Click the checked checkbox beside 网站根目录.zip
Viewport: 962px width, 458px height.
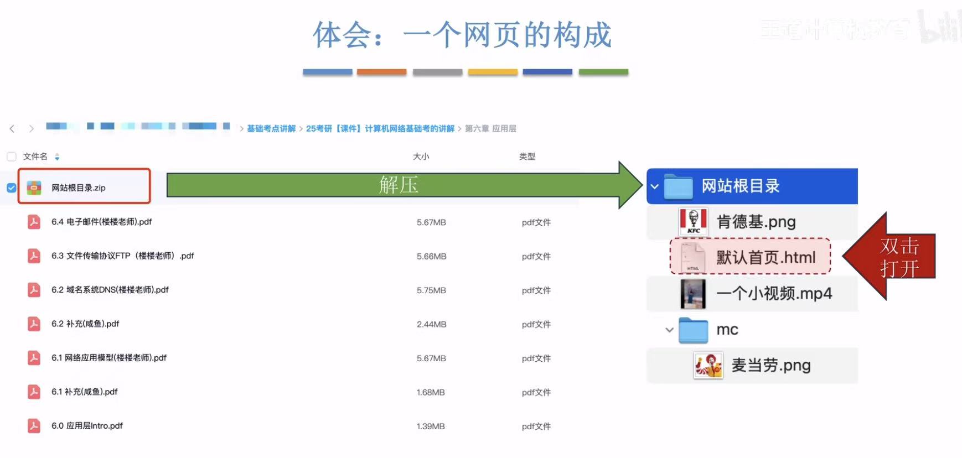[x=11, y=188]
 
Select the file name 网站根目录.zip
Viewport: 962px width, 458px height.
[x=78, y=188]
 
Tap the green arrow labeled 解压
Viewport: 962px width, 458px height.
[x=399, y=185]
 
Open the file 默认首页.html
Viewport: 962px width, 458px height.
[x=766, y=257]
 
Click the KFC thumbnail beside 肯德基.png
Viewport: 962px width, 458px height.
[x=693, y=222]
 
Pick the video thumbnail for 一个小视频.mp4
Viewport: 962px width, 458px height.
[x=693, y=294]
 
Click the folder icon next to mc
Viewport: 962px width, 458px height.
[x=693, y=330]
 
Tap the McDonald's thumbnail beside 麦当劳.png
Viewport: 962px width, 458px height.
[x=708, y=366]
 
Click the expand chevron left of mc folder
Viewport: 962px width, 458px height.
[x=669, y=330]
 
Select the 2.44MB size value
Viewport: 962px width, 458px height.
[x=431, y=324]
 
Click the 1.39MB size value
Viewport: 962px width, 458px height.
[x=431, y=426]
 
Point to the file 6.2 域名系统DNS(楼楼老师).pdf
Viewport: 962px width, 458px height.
[x=110, y=290]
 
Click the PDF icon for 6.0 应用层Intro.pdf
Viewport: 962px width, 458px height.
[x=34, y=426]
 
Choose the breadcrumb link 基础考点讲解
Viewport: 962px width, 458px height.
[x=271, y=128]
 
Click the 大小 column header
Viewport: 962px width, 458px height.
[x=421, y=157]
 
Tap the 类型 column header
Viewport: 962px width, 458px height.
[x=527, y=157]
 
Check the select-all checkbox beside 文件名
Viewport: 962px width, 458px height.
[x=11, y=157]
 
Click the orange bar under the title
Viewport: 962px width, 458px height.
[x=381, y=72]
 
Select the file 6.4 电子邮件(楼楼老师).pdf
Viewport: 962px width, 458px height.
[x=101, y=222]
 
